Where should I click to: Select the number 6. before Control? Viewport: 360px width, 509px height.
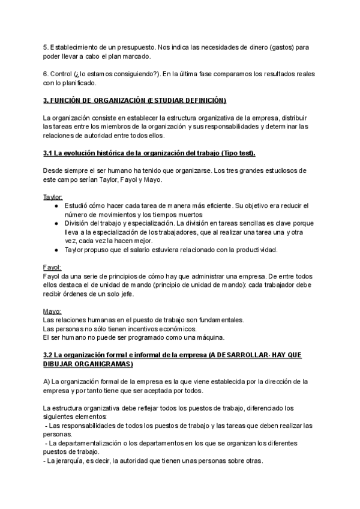click(47, 73)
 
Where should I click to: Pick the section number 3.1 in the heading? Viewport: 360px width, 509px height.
click(49, 154)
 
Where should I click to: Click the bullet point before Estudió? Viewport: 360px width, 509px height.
click(55, 206)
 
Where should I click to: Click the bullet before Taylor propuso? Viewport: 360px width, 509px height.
click(55, 250)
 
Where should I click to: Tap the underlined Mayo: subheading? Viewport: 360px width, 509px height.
click(52, 311)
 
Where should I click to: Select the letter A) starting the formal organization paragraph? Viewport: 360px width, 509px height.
click(47, 381)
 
